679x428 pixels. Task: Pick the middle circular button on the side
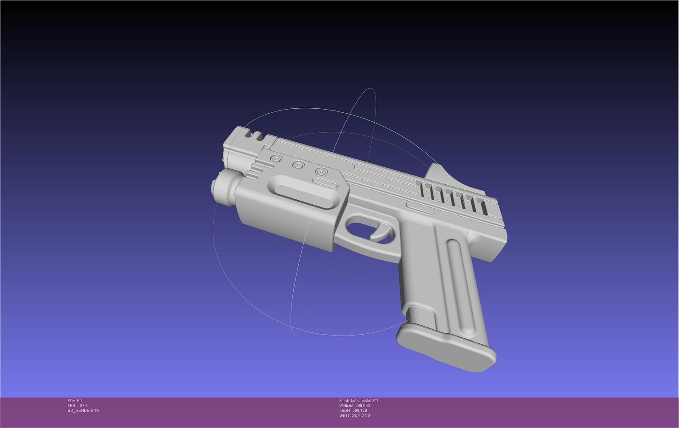[299, 165]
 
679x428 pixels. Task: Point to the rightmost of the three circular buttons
[321, 172]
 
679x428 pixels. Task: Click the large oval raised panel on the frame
[304, 192]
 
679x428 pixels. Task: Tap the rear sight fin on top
[439, 175]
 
